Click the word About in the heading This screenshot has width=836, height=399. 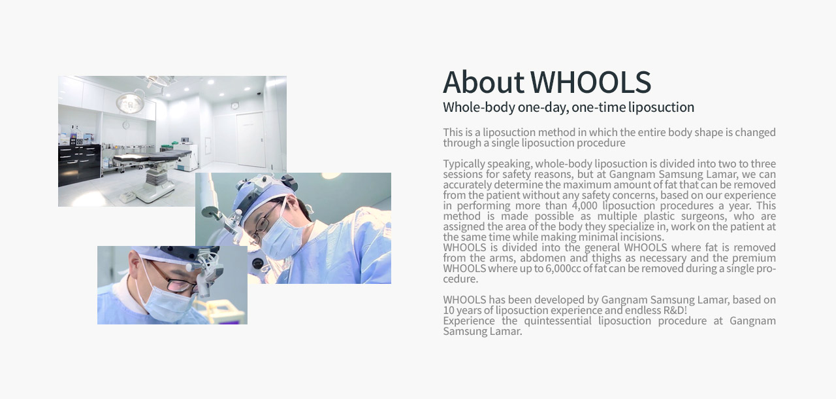[x=483, y=82]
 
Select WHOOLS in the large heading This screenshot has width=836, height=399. [x=591, y=82]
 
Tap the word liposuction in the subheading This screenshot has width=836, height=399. [x=661, y=107]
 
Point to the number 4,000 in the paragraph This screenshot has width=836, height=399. [x=585, y=206]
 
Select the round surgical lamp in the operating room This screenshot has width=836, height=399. [x=130, y=102]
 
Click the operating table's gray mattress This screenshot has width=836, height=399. [x=152, y=156]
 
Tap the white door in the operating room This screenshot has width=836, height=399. [x=250, y=139]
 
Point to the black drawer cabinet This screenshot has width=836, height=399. [x=79, y=164]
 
